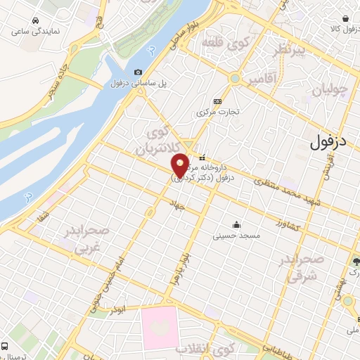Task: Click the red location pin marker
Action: [181, 166]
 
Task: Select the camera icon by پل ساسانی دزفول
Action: [138, 72]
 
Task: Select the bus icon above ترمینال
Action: [5, 347]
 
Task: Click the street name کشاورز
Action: [288, 226]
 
